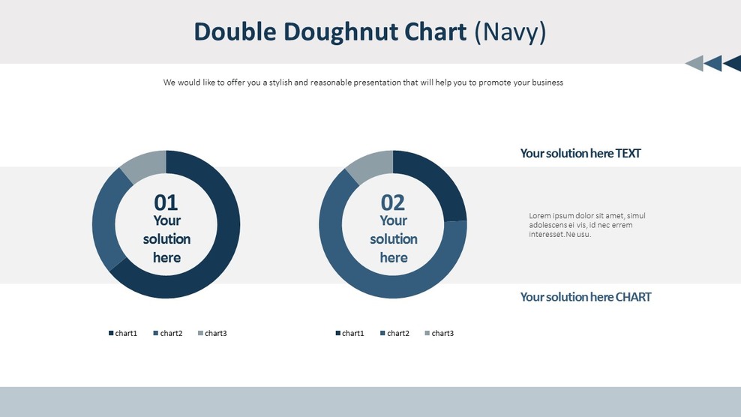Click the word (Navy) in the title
511,31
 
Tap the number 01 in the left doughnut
166,202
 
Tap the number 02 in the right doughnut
393,202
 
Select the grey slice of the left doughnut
143,164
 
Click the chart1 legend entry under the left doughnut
123,333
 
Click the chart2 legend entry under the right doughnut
394,333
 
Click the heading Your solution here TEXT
580,153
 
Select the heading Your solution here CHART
586,297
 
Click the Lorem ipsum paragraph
586,225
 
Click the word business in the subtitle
547,82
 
